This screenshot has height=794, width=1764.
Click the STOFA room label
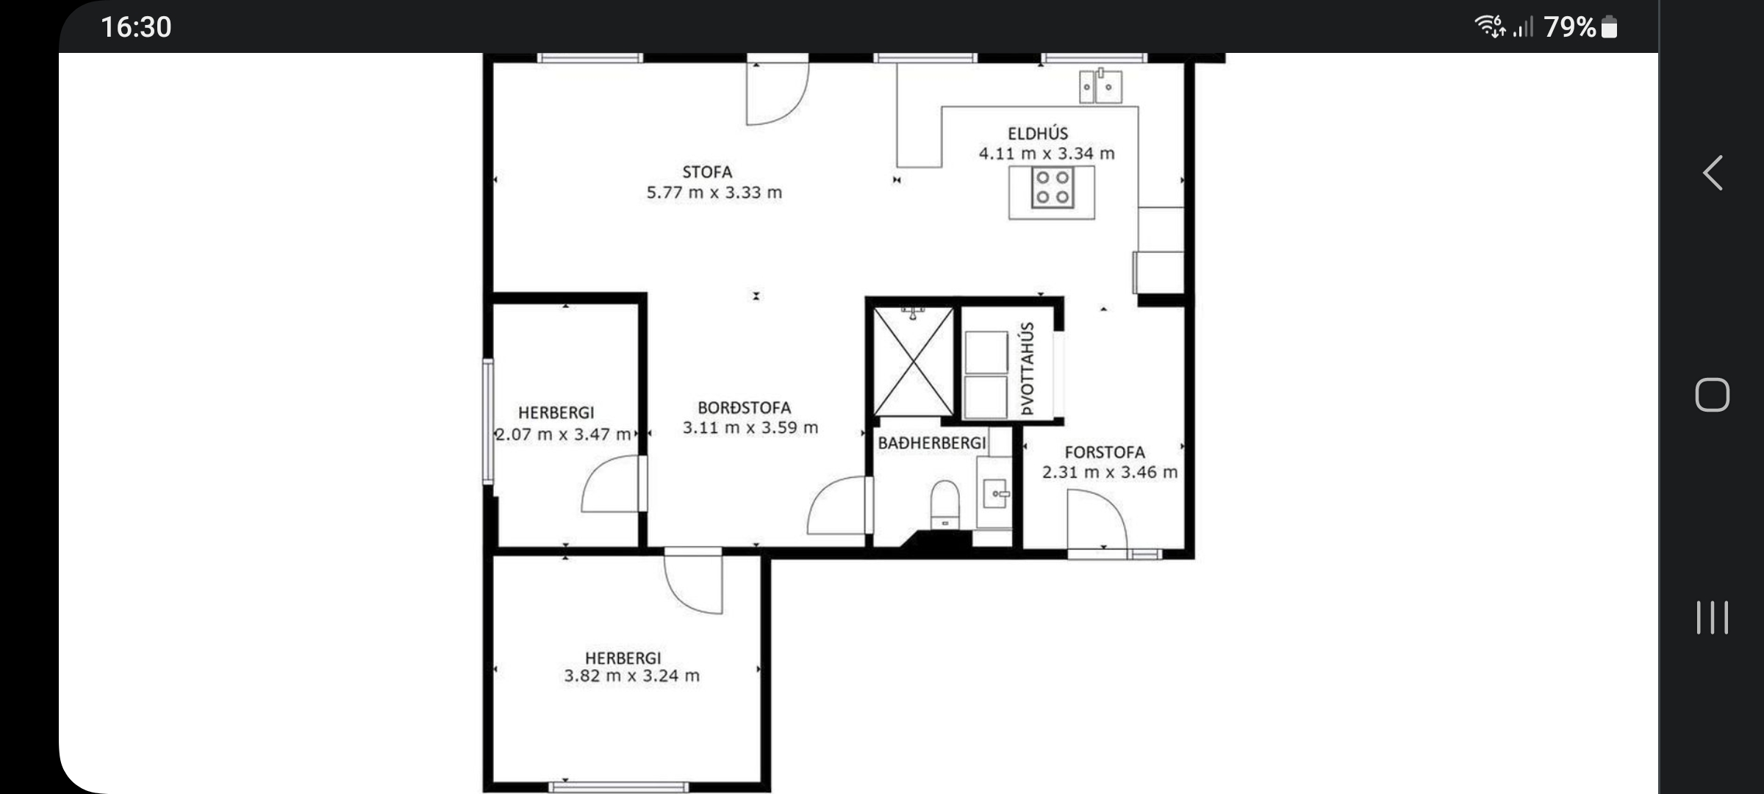click(x=707, y=172)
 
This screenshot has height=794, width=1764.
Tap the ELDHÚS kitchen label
click(x=1038, y=133)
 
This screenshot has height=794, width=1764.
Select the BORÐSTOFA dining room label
click(x=745, y=408)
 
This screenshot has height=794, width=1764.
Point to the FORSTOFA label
click(x=1105, y=452)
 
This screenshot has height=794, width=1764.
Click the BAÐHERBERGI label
click(x=932, y=443)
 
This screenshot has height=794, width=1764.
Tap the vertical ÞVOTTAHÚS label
click(x=1027, y=368)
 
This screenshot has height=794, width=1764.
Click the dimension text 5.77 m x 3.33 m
click(x=714, y=193)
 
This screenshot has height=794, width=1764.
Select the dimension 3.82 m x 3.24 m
click(x=632, y=676)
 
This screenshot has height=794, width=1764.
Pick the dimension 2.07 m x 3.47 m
click(x=563, y=434)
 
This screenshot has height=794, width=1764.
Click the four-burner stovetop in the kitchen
click(x=1053, y=187)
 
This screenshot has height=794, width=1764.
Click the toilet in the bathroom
click(x=945, y=504)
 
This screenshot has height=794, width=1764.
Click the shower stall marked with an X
click(x=913, y=362)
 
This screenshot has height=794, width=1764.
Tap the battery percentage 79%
click(x=1570, y=27)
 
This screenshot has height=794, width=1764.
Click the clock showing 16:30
click(x=136, y=27)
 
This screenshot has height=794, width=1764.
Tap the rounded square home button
click(x=1712, y=395)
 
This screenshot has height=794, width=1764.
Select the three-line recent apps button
click(x=1712, y=617)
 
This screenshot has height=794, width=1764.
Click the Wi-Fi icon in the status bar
click(x=1490, y=26)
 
